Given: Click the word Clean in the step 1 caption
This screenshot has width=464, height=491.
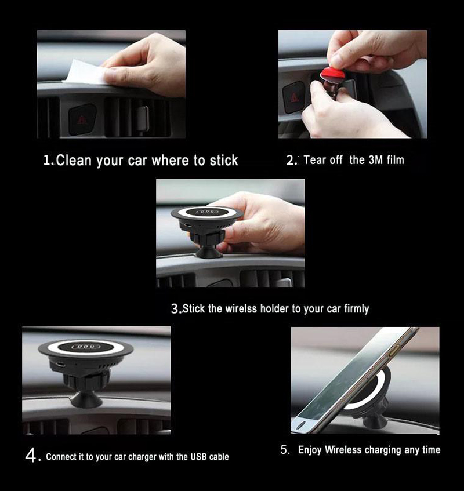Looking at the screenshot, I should pyautogui.click(x=75, y=161).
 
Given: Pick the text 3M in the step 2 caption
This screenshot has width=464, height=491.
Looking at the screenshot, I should pyautogui.click(x=375, y=160).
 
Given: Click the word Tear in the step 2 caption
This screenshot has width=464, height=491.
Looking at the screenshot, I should pyautogui.click(x=315, y=160).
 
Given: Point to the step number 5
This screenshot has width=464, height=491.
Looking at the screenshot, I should pyautogui.click(x=284, y=450).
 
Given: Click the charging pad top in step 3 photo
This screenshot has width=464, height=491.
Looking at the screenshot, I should pyautogui.click(x=207, y=212).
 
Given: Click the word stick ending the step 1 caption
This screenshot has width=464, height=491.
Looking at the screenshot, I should pyautogui.click(x=224, y=161).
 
